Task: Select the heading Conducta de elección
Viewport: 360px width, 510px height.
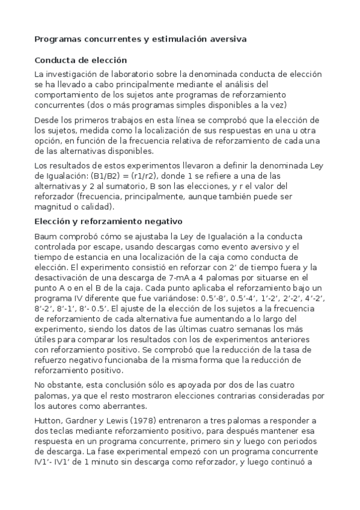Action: (81, 60)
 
